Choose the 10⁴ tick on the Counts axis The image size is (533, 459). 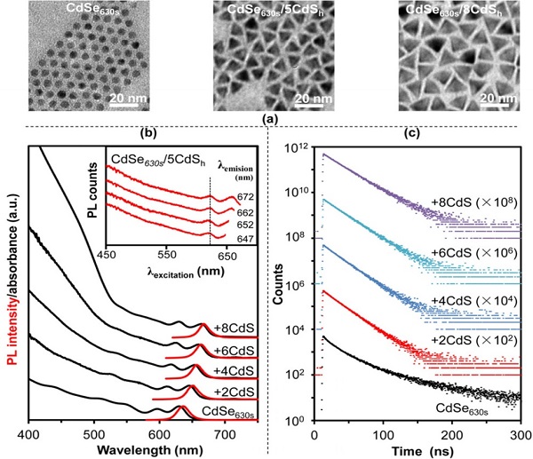coord(298,330)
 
